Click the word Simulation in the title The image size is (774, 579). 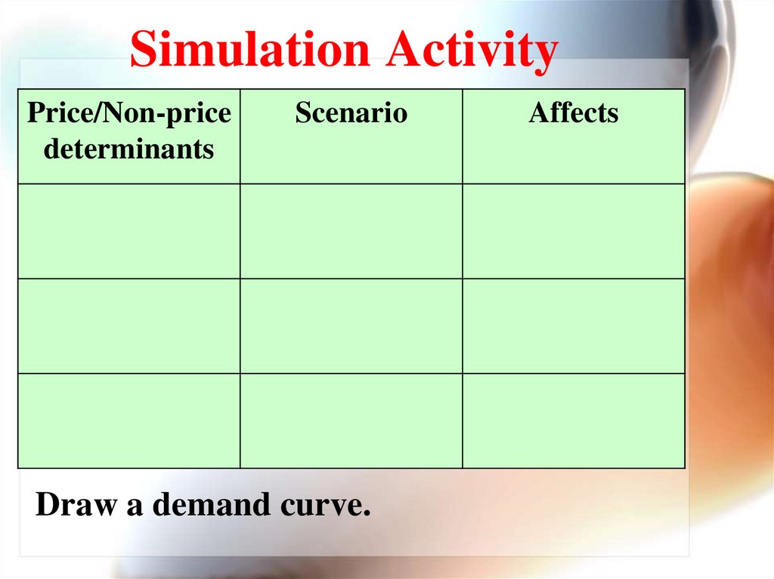[x=249, y=51]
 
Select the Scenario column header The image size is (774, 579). [x=351, y=113]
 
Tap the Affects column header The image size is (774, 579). [x=574, y=113]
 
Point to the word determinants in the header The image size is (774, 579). [x=128, y=149]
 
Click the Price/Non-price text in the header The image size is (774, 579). [x=128, y=113]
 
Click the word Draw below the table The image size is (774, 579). [x=76, y=504]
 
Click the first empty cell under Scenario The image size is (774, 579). [x=351, y=231]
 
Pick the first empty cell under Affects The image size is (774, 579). [x=574, y=231]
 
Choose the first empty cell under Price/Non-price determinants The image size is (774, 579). [x=128, y=231]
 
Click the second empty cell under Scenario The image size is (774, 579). [x=351, y=326]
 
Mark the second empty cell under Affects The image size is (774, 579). [x=574, y=326]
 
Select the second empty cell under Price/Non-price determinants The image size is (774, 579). [x=128, y=326]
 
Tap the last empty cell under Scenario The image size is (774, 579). [x=351, y=420]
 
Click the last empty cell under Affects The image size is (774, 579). [x=574, y=420]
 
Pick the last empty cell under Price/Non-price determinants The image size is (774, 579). [x=128, y=420]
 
